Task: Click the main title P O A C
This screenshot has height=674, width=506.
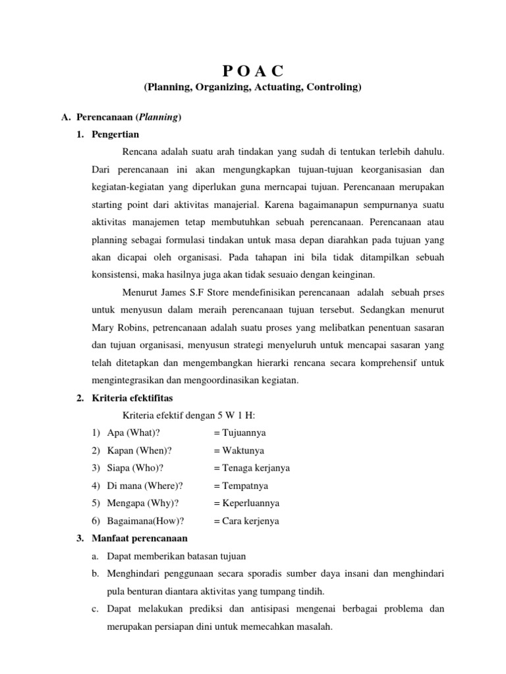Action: coord(253,71)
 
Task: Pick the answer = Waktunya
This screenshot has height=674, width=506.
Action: coord(239,450)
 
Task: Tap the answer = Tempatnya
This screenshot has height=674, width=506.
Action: coord(240,486)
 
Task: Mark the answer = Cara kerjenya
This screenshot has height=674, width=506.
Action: coord(246,521)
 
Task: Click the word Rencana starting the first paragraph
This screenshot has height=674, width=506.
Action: coord(140,152)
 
